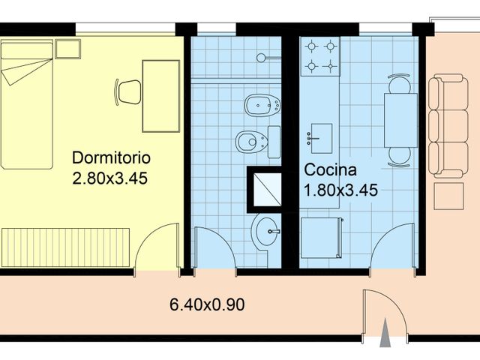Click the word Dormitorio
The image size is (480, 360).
[x=111, y=158]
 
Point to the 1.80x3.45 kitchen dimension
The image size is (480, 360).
[x=340, y=189]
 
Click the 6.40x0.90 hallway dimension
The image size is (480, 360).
[x=208, y=305]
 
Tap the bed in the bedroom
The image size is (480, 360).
[x=27, y=105]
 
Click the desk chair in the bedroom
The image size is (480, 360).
[x=128, y=91]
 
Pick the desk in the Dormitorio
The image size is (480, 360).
[x=160, y=95]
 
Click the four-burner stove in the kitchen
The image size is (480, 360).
[x=321, y=57]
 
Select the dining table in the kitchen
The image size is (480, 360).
[x=400, y=120]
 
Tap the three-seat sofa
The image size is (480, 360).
[x=447, y=124]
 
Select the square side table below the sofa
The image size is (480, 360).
[x=451, y=196]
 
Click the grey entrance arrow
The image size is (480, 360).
[x=385, y=334]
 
